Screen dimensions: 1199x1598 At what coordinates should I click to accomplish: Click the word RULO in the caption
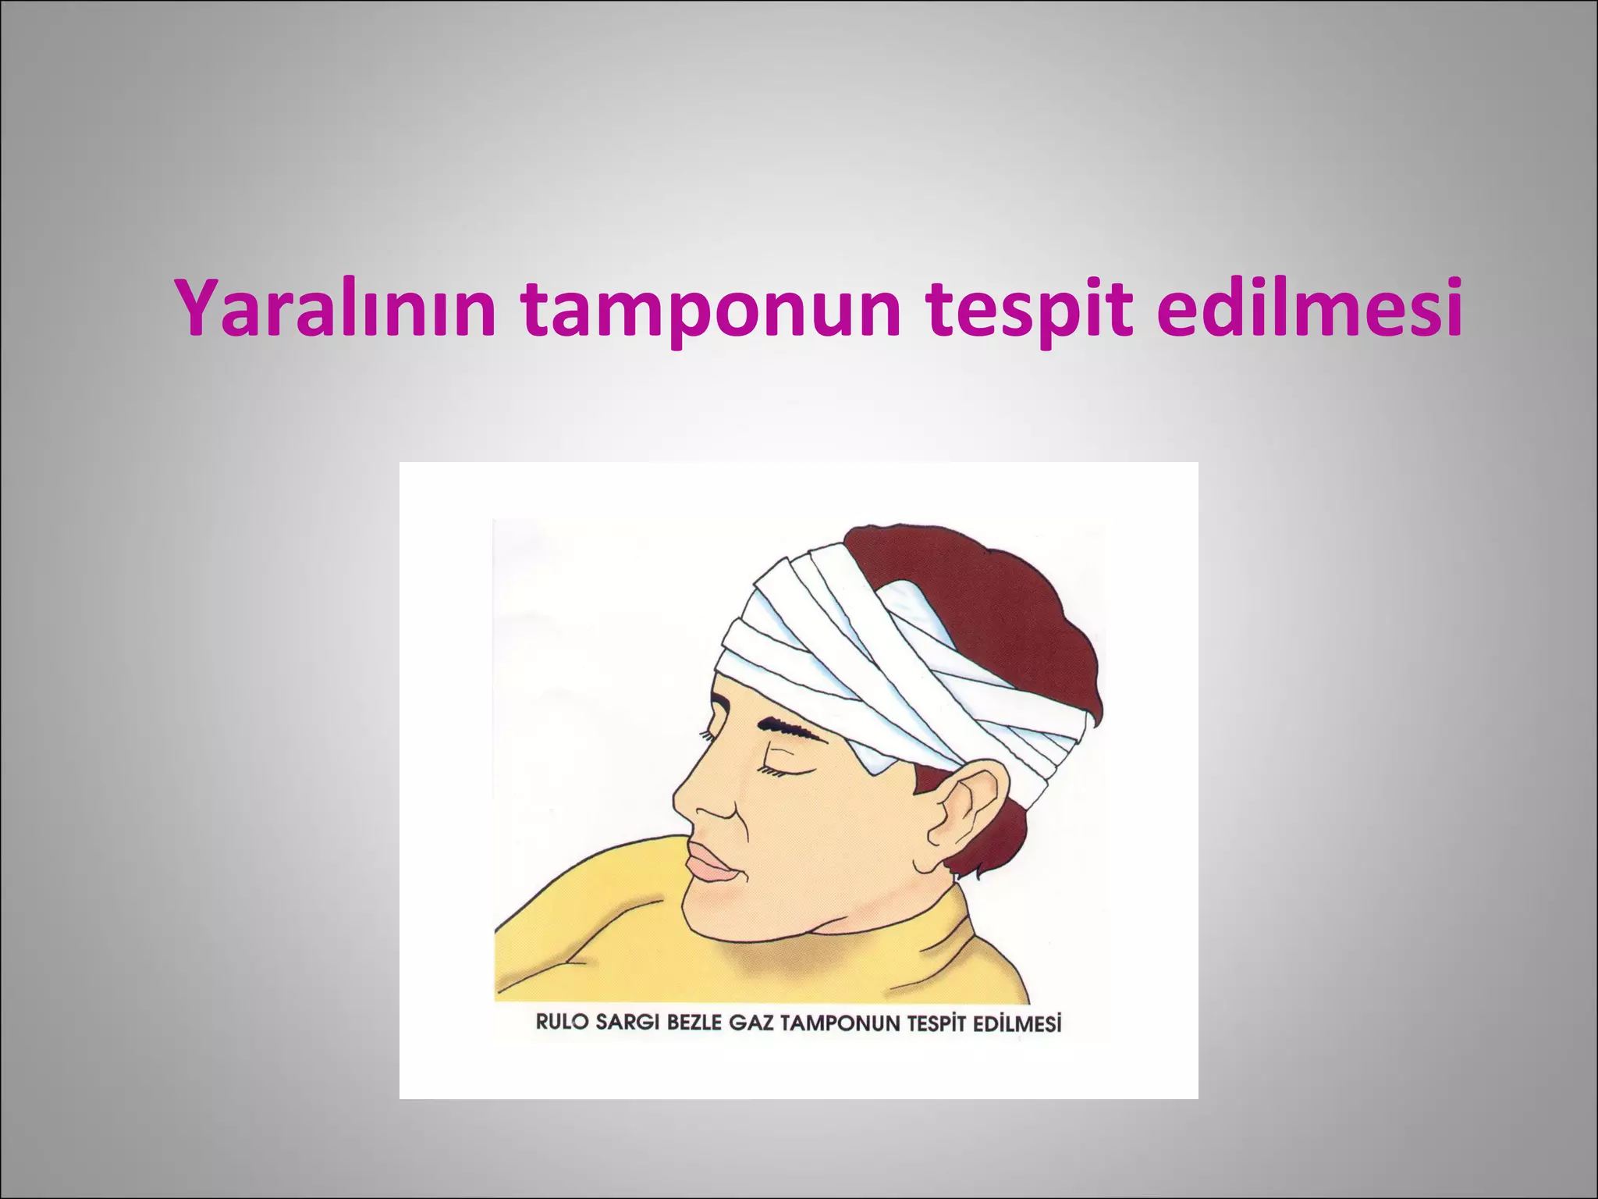click(561, 1022)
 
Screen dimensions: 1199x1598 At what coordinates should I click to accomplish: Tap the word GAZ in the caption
click(752, 1022)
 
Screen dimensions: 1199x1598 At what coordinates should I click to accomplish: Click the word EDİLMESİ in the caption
click(1017, 1023)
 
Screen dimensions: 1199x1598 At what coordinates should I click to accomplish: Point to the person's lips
click(710, 863)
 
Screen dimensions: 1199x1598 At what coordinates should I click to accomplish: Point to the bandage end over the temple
click(874, 761)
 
